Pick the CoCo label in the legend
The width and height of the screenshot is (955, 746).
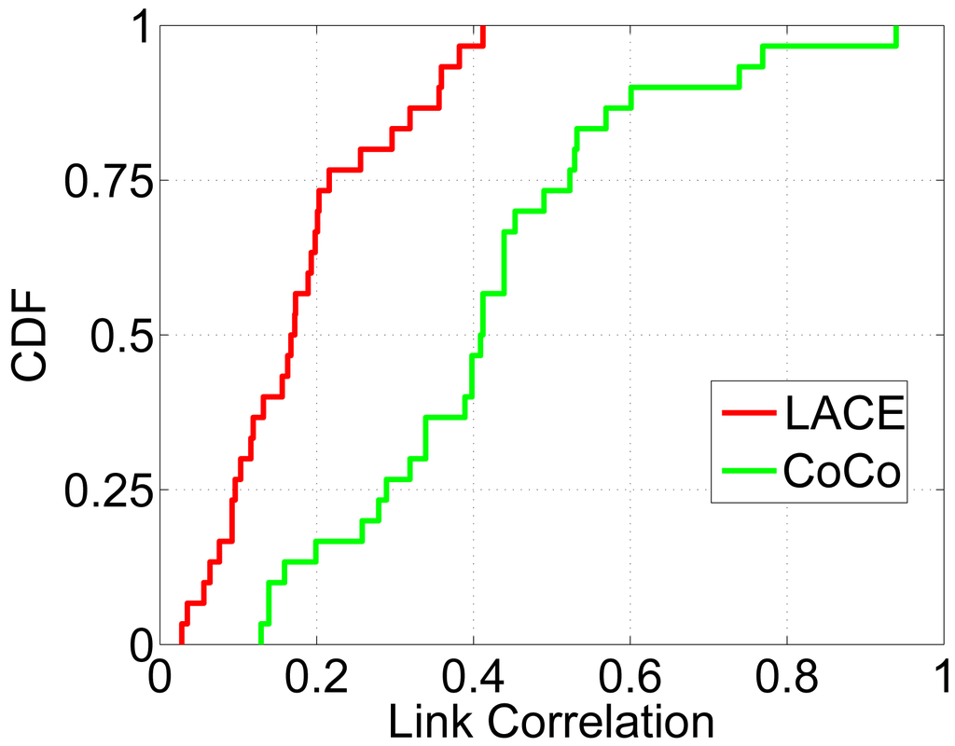point(842,472)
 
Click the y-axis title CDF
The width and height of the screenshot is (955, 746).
point(31,335)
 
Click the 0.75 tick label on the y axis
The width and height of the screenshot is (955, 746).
point(104,181)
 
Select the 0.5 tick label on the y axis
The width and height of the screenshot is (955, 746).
point(120,336)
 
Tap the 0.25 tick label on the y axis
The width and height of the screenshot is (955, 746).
point(104,490)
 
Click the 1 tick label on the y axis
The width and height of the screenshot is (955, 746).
point(137,28)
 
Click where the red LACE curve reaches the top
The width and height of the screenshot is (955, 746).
point(483,28)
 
